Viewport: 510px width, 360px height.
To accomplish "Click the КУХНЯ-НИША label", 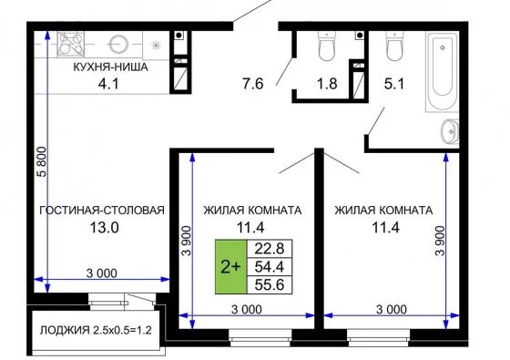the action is click(110, 67).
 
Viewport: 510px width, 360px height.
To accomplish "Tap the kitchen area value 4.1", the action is click(108, 84).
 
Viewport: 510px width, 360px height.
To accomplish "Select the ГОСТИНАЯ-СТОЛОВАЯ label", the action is click(102, 211).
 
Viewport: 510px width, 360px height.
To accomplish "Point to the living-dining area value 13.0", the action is click(104, 228).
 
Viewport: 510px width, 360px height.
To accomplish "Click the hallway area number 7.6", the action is click(253, 84).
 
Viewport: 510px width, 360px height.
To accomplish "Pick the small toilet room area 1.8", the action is click(327, 84).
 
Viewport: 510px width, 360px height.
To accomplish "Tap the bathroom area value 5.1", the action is click(393, 84).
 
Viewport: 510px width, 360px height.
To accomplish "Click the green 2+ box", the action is click(231, 267).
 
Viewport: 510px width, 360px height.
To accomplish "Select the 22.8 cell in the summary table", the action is click(270, 249).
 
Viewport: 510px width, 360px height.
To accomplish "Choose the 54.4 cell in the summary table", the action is click(270, 267).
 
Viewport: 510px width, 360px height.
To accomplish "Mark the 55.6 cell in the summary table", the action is click(270, 284).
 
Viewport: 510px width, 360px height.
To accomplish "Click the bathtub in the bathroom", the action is click(442, 72).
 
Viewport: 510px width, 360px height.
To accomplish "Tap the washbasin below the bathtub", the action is click(450, 131).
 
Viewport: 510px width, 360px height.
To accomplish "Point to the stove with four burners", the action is click(71, 45).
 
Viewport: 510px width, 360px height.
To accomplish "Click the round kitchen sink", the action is click(118, 44).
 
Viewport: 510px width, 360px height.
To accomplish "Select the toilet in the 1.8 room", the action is click(326, 46).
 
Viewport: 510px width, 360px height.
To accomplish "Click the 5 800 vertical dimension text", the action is click(43, 162).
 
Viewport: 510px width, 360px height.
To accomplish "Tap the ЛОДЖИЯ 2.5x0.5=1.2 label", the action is click(96, 330).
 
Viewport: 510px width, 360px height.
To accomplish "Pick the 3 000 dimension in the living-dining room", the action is click(102, 273).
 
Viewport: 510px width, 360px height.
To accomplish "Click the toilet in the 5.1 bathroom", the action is click(394, 46).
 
